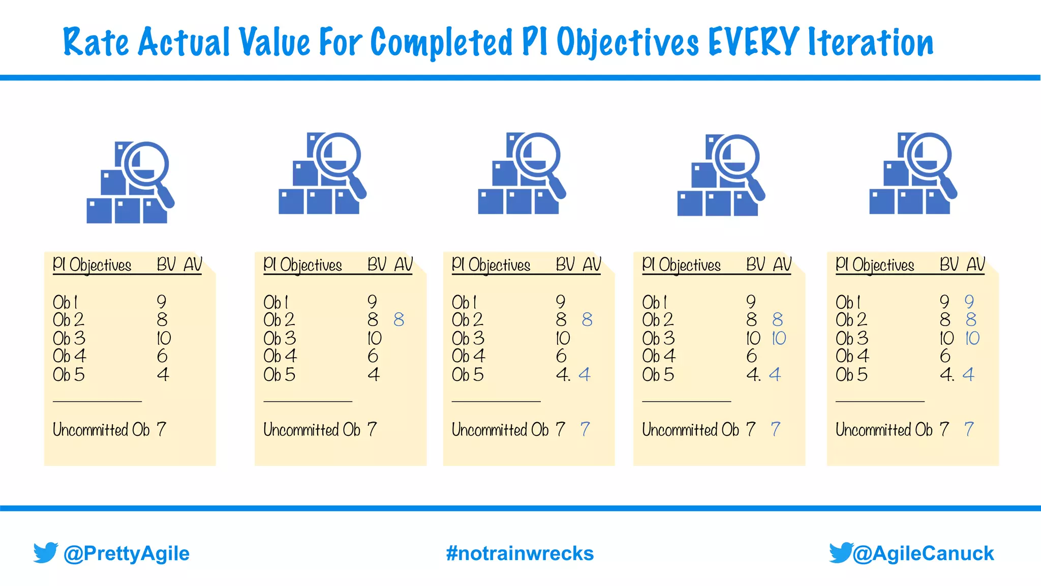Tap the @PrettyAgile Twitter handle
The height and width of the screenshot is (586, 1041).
[126, 553]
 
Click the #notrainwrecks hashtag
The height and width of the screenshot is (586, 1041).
[519, 553]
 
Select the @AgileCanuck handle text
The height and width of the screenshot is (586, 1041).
[923, 553]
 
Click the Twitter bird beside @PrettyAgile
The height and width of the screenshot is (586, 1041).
[46, 552]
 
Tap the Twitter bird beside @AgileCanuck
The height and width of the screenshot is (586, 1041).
[841, 552]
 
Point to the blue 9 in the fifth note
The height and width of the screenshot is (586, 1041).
[969, 302]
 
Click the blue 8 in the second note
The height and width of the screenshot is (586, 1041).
[399, 320]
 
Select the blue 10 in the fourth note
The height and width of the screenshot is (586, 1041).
[779, 338]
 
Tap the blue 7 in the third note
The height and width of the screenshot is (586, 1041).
[585, 429]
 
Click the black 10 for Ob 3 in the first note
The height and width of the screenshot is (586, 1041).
[164, 338]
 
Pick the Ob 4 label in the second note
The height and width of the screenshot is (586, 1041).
[280, 356]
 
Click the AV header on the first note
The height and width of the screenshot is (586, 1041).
[193, 265]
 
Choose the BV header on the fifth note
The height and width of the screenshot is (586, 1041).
[948, 265]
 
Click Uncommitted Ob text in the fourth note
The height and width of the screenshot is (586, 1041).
[690, 430]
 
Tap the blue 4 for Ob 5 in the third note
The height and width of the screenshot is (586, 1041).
[585, 375]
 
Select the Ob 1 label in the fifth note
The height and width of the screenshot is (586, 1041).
[848, 302]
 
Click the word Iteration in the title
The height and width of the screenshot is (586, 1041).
[870, 42]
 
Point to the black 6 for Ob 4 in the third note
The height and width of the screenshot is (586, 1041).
[561, 356]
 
